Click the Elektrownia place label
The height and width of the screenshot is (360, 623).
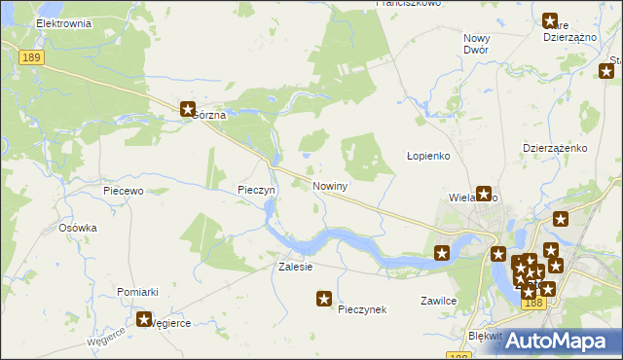pos(62,22)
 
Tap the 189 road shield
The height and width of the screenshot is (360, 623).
pos(30,59)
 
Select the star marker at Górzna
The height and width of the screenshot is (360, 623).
pos(188,110)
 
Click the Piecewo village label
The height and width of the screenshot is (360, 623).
pos(124,192)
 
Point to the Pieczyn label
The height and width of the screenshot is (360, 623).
pos(258,190)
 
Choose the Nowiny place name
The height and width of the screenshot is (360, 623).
pos(331,184)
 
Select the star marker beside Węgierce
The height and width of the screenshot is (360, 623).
pos(145,318)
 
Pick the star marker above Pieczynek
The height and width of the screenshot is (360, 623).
pos(324,300)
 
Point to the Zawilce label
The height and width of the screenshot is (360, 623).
pos(439,301)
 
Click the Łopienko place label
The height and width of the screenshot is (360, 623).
pos(426,157)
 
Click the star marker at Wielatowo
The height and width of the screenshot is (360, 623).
pos(483,194)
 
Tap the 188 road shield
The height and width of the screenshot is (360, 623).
pos(531,303)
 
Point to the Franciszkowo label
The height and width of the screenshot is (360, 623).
pos(408,4)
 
